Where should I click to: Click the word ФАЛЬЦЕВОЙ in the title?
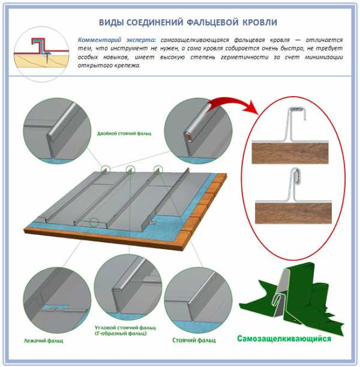[x=212, y=22]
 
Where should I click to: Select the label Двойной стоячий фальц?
[x=124, y=133]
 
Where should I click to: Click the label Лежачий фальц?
[x=43, y=341]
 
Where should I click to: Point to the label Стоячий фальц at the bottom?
[x=194, y=340]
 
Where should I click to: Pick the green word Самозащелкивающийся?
[x=284, y=339]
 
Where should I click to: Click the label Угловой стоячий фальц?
[x=125, y=327]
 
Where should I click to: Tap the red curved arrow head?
[x=253, y=107]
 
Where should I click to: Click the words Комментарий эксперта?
[x=116, y=40]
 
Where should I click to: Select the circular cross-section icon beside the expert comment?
[x=41, y=54]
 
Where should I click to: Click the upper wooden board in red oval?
[x=290, y=153]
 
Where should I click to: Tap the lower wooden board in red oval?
[x=293, y=213]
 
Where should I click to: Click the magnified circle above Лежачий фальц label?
[x=57, y=300]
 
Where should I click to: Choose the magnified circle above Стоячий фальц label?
[x=199, y=300]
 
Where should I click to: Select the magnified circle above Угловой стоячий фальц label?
[x=128, y=288]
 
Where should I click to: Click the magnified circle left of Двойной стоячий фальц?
[x=57, y=130]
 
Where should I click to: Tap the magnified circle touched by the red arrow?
[x=199, y=130]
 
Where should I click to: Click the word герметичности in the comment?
[x=245, y=57]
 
